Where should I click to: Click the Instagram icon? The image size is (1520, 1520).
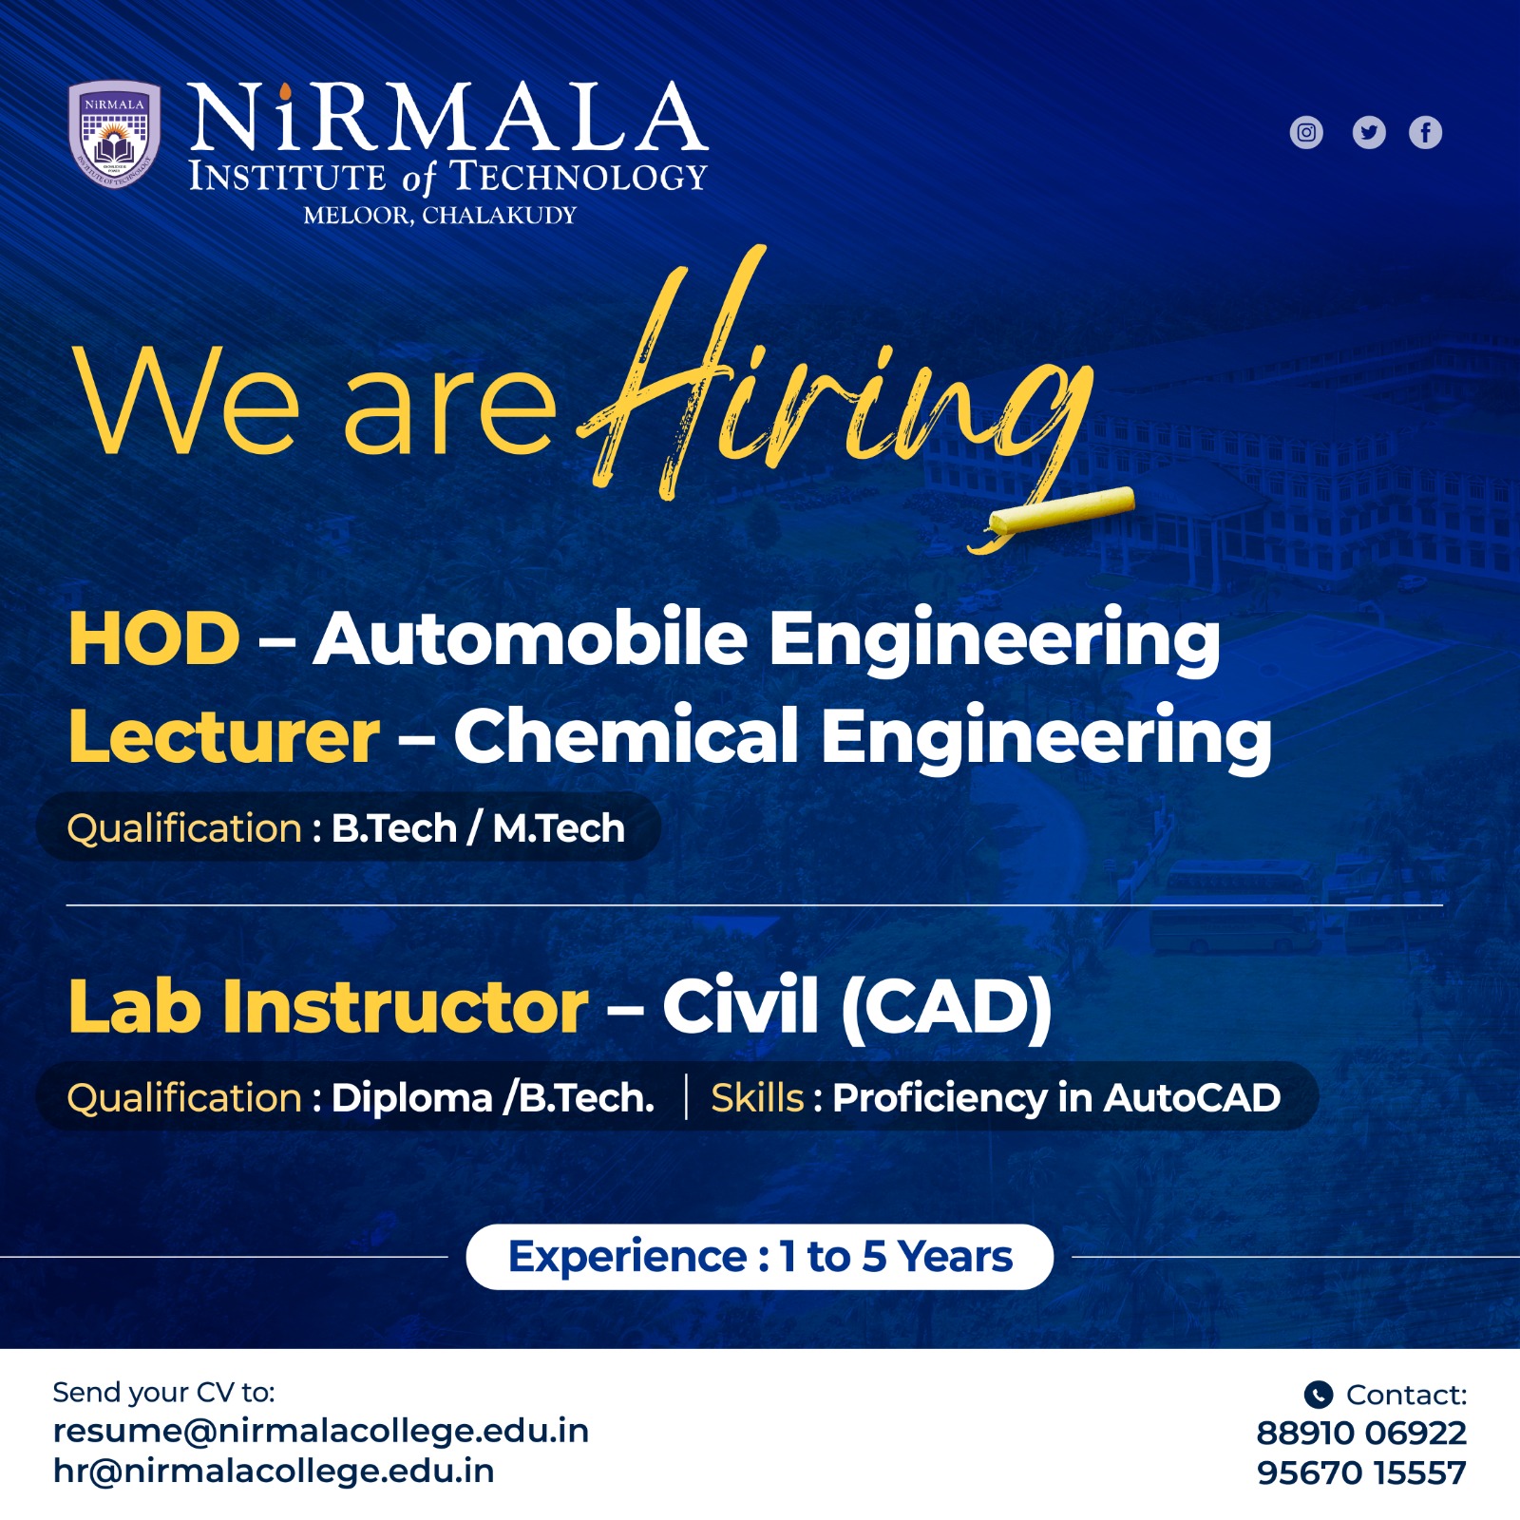(x=1306, y=132)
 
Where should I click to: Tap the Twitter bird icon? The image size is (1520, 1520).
(x=1369, y=132)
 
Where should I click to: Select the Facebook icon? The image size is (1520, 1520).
(x=1425, y=132)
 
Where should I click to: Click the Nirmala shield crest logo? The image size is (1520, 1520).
(x=114, y=134)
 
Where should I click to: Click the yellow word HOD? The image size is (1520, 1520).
(x=154, y=638)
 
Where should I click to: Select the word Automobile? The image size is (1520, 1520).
(x=531, y=637)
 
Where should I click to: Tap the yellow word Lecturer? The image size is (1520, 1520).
(x=224, y=736)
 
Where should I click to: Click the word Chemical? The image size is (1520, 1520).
(x=627, y=736)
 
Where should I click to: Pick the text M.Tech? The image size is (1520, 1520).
(x=559, y=828)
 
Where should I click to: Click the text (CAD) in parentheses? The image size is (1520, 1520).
(x=946, y=1006)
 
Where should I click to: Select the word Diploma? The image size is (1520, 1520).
(x=412, y=1098)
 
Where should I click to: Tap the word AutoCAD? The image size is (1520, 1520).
(x=1192, y=1097)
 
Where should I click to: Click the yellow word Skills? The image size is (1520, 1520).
(x=757, y=1097)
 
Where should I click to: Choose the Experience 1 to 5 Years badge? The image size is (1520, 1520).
(x=760, y=1257)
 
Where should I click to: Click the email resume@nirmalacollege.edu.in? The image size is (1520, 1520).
(x=321, y=1431)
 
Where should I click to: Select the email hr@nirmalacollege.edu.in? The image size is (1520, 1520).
(x=274, y=1471)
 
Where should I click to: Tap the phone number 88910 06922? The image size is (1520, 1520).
(x=1361, y=1433)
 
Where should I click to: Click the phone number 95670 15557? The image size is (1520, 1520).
(x=1361, y=1472)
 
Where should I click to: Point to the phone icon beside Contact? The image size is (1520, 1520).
(x=1318, y=1394)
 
